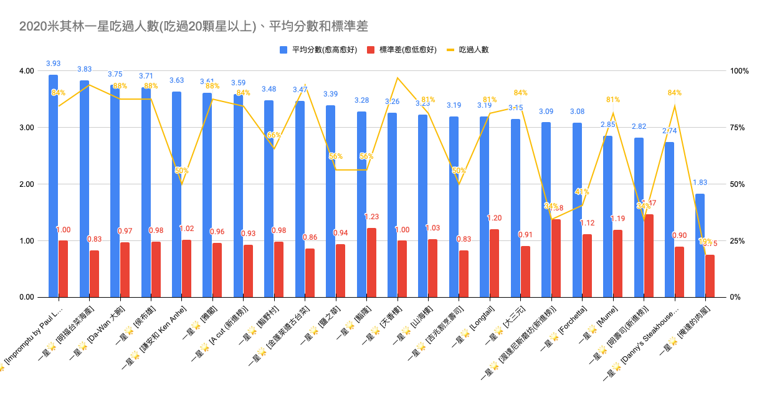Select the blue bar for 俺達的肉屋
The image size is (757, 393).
(x=700, y=245)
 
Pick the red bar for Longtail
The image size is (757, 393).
(x=494, y=263)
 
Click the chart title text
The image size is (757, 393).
(x=193, y=26)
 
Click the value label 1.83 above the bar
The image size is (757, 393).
(x=700, y=182)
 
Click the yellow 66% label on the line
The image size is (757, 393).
(x=274, y=135)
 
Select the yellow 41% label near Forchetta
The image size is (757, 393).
(x=582, y=192)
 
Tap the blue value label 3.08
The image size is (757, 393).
(x=577, y=111)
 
